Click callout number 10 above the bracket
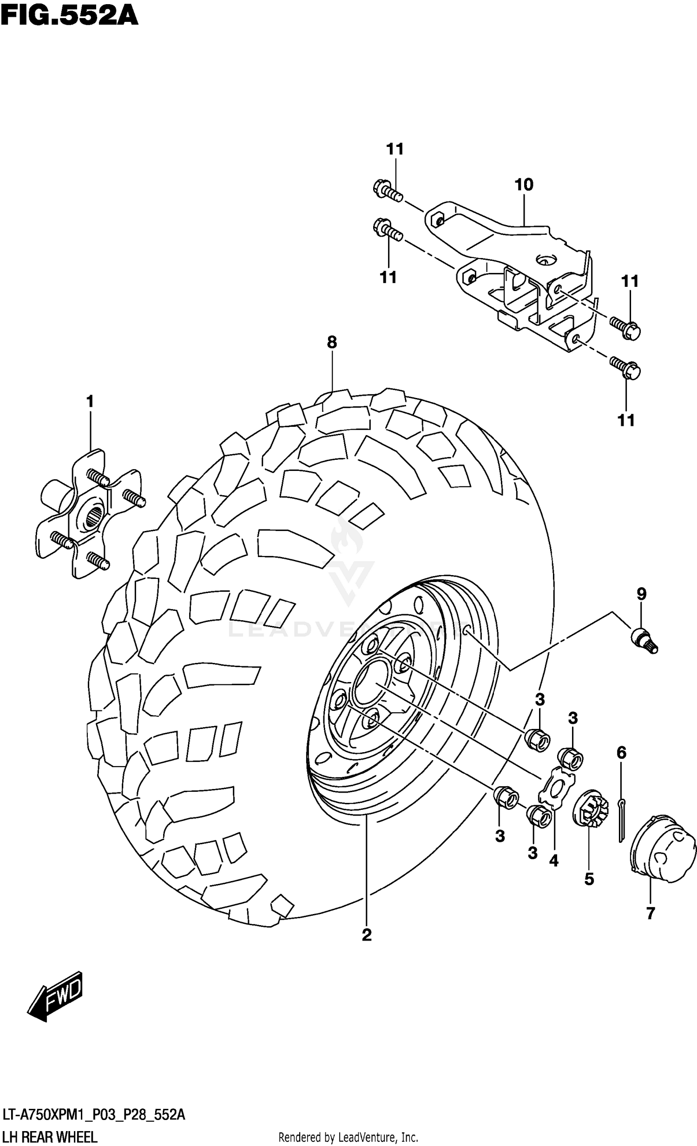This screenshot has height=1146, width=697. (524, 185)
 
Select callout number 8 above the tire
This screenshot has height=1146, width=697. (331, 342)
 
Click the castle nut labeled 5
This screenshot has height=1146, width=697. (589, 810)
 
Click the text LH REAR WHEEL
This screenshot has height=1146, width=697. (49, 1137)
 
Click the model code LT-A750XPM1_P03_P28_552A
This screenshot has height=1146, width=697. (93, 1115)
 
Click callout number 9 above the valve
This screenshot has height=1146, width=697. (641, 594)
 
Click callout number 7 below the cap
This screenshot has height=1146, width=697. (650, 913)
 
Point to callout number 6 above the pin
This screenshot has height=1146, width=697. (622, 752)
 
